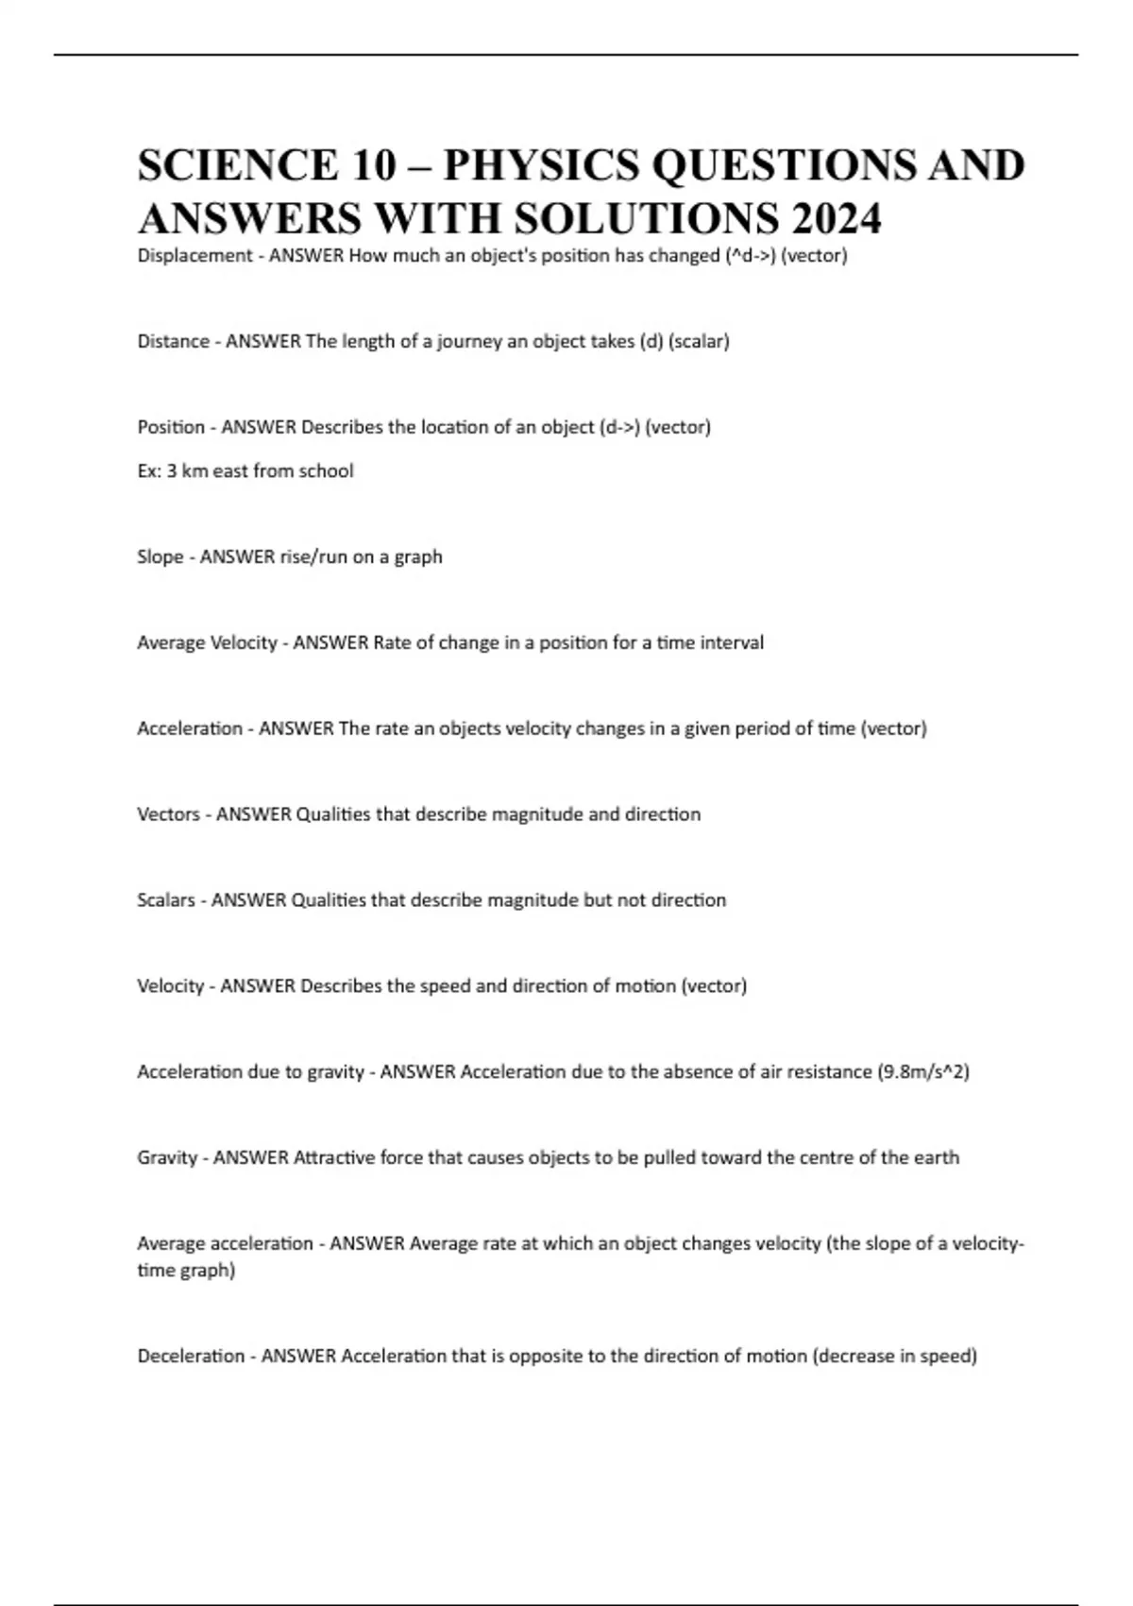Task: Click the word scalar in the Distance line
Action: tap(699, 342)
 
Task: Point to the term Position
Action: tap(171, 427)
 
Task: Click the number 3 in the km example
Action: tap(172, 470)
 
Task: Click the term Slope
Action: tap(160, 556)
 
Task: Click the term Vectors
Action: tap(168, 814)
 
